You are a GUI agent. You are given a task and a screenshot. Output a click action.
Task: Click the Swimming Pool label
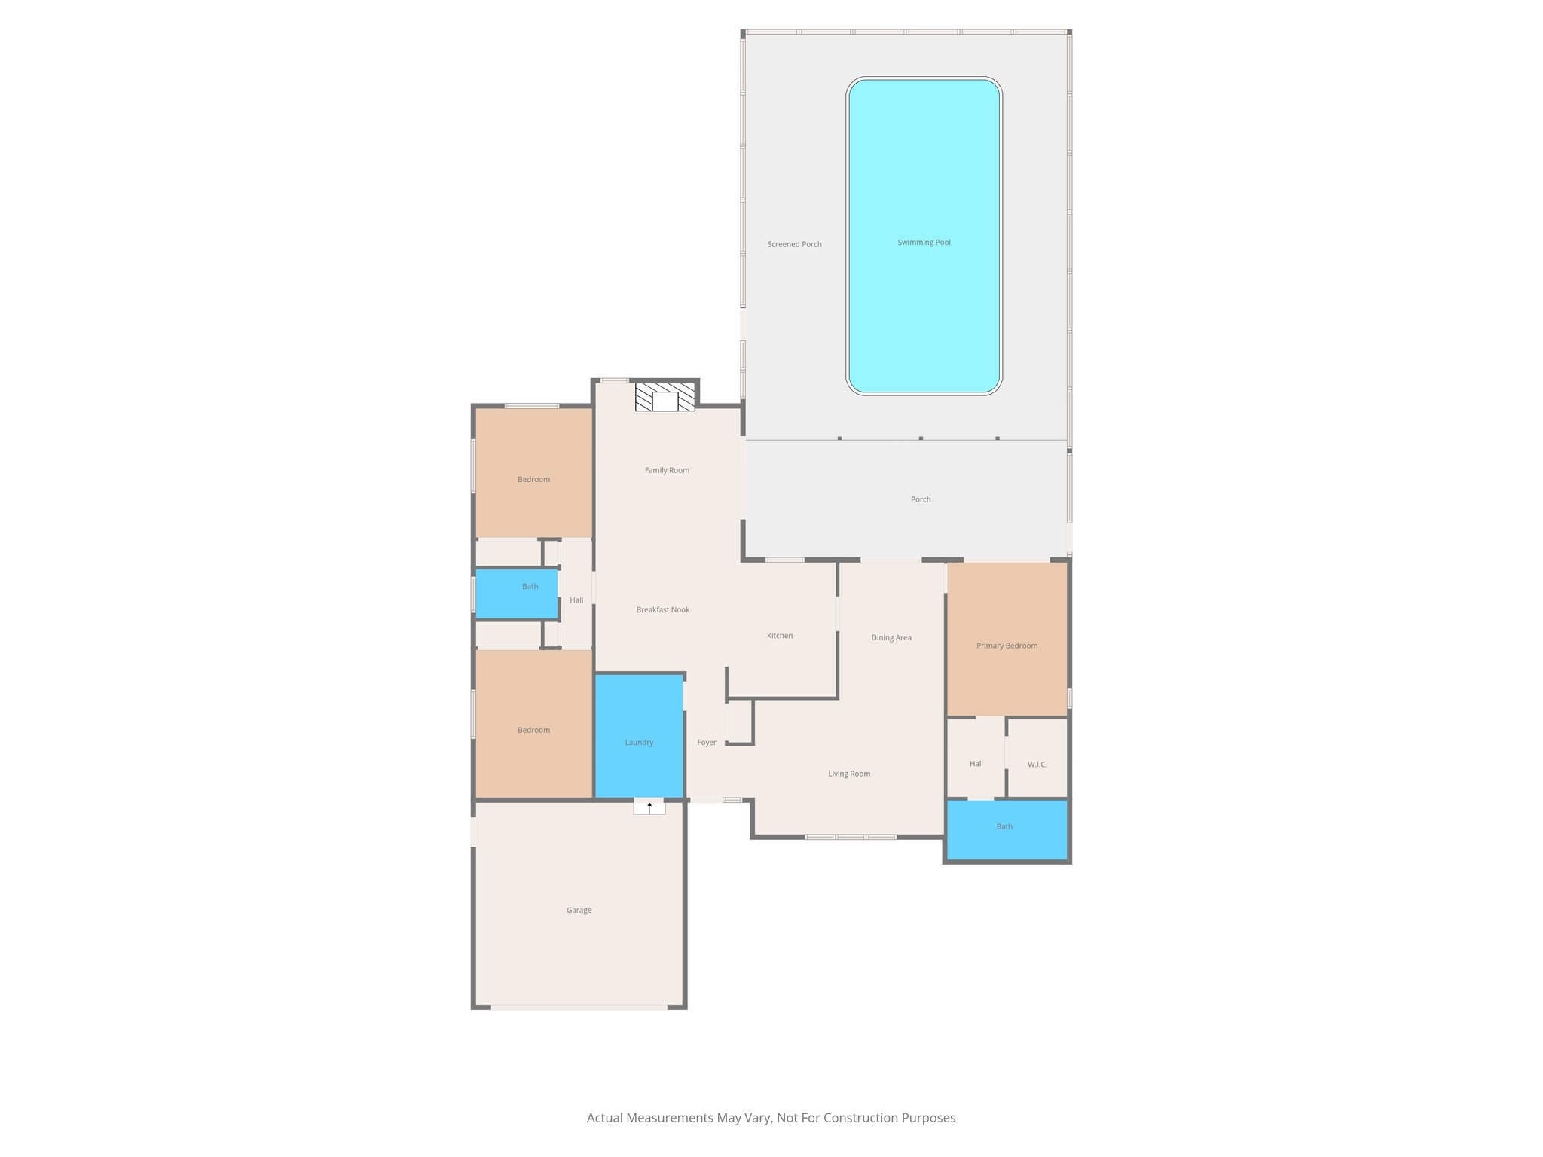(x=924, y=243)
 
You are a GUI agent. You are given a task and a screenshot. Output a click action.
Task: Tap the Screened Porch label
(x=794, y=244)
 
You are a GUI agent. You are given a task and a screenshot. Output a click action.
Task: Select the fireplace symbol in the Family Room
(x=665, y=397)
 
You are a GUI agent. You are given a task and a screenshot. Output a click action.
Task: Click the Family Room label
(x=667, y=470)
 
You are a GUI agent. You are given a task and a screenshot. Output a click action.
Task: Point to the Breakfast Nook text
(x=662, y=610)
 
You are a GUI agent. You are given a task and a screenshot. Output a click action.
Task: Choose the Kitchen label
(x=780, y=636)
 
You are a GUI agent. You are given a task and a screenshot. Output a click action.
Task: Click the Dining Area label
(x=891, y=638)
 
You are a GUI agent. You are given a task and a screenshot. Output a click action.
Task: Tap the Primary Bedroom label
(x=1007, y=646)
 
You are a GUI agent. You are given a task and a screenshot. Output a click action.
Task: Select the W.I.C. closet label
(x=1037, y=765)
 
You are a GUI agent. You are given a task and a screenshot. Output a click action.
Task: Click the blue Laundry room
(x=639, y=734)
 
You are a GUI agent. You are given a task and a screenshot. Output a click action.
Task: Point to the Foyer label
(x=707, y=743)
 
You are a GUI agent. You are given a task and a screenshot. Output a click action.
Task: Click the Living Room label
(x=849, y=774)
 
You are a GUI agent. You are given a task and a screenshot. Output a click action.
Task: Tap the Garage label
(x=579, y=911)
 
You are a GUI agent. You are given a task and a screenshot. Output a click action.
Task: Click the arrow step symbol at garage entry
(x=649, y=807)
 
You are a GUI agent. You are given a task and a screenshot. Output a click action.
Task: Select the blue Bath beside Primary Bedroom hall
(x=1006, y=829)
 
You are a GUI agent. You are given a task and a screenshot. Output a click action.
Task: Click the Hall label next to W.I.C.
(x=976, y=764)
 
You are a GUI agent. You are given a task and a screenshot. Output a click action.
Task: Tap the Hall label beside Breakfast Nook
(x=576, y=600)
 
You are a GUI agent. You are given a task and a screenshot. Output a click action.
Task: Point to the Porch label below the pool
(x=921, y=499)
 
